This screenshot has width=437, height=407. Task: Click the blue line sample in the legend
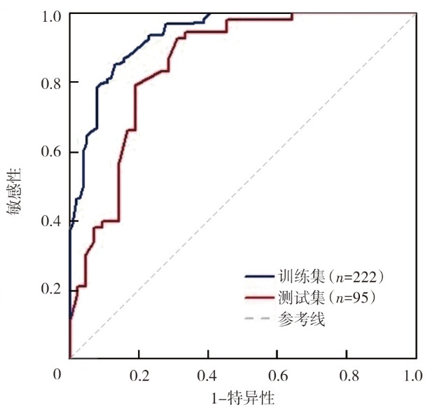coord(260,276)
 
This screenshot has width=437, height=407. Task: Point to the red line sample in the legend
coord(260,298)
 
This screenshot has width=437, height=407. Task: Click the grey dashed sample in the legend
coord(260,321)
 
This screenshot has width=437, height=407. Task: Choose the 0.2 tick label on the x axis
coord(139,375)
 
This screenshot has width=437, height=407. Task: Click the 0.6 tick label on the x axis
coord(277,375)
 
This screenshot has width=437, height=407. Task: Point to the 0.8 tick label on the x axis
coord(346,375)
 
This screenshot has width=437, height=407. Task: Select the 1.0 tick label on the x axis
coord(414,375)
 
